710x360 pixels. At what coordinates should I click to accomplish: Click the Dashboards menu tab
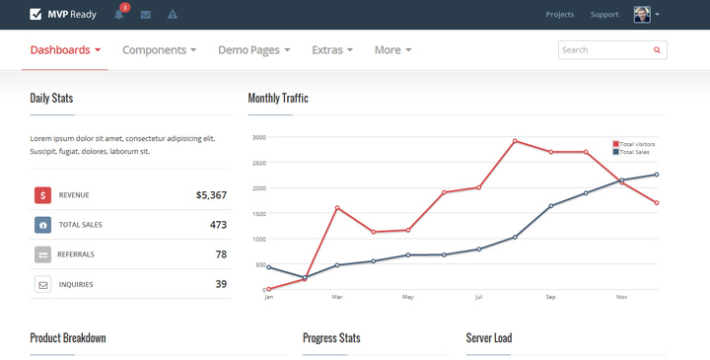(x=65, y=50)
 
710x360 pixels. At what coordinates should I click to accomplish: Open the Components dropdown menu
(x=159, y=50)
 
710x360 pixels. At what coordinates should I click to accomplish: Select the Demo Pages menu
(x=253, y=50)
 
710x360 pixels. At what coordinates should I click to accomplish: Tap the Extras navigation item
(x=332, y=50)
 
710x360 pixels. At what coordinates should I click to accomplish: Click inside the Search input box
(x=603, y=49)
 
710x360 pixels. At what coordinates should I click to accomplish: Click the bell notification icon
(x=119, y=15)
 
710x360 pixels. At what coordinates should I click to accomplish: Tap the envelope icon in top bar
(x=146, y=15)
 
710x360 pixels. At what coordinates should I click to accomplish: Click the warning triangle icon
(x=173, y=15)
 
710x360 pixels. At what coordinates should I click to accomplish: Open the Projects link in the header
(x=559, y=15)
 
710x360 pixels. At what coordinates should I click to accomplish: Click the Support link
(x=604, y=15)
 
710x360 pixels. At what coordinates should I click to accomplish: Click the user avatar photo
(x=642, y=15)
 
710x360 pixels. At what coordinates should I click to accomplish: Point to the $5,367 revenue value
(x=211, y=195)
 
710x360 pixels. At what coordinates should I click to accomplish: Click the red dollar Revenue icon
(x=43, y=195)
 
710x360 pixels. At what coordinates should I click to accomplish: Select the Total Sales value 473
(x=218, y=225)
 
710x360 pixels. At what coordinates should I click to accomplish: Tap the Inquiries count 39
(x=221, y=284)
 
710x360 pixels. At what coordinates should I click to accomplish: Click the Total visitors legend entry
(x=636, y=144)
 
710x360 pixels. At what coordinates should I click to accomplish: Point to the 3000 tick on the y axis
(x=258, y=137)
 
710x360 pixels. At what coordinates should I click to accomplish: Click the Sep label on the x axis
(x=550, y=297)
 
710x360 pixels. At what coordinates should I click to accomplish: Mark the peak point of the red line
(x=515, y=141)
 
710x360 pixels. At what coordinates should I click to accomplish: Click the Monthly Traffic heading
(x=278, y=99)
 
